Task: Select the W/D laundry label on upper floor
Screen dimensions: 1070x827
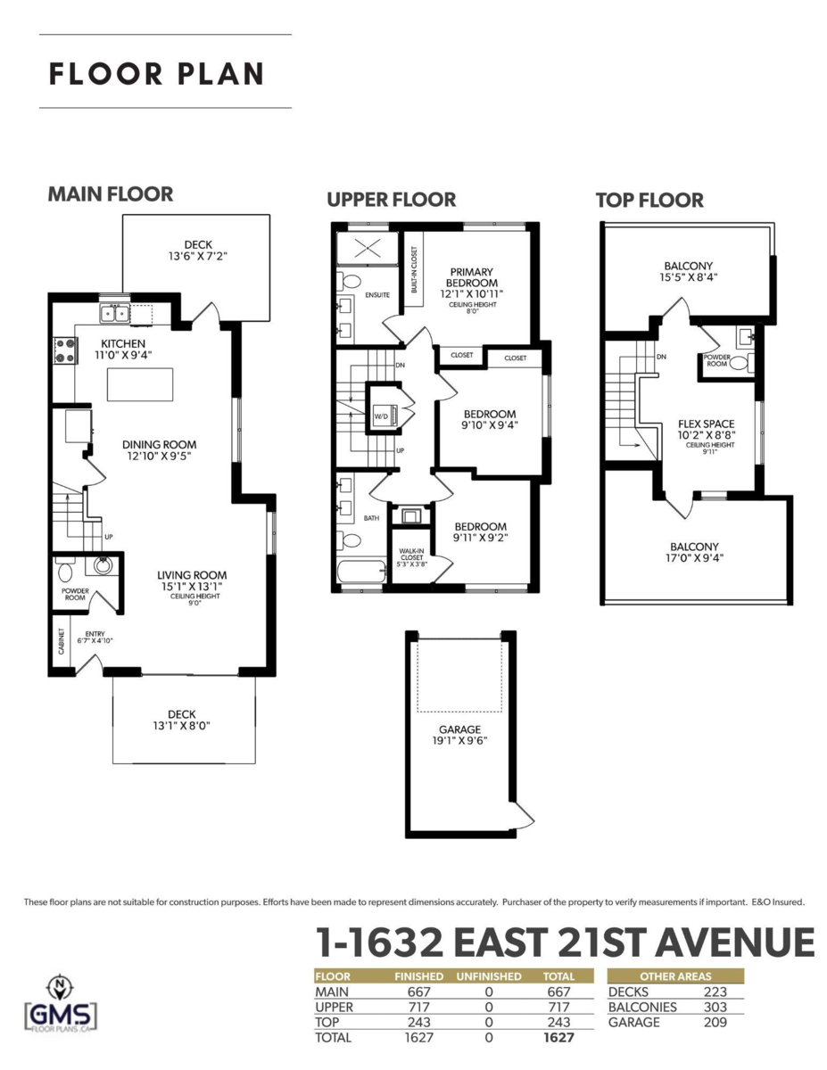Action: coord(379,416)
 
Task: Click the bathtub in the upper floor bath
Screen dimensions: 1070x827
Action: coord(360,572)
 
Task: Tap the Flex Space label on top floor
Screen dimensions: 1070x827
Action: coord(706,424)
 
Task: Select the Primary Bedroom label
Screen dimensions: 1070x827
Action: coord(472,277)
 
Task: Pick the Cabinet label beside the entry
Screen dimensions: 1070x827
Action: coord(60,643)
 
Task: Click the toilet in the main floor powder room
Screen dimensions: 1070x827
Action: coord(65,568)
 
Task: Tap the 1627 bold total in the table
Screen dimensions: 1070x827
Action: coord(558,1038)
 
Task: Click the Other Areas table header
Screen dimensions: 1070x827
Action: coord(674,976)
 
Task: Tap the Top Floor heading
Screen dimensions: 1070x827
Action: coord(649,201)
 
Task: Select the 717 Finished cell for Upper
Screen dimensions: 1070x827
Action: coord(418,1007)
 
